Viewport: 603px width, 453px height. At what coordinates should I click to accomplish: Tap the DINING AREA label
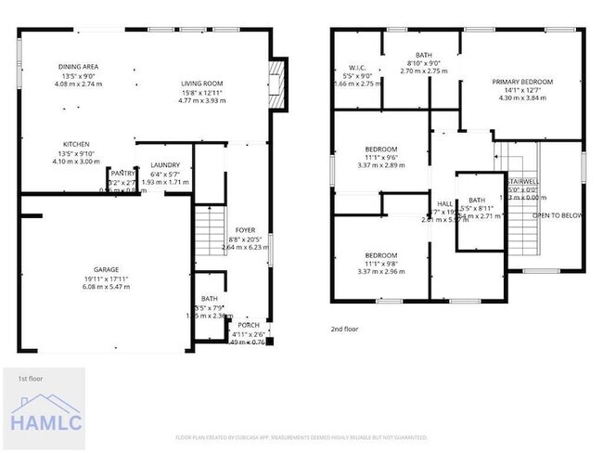79,67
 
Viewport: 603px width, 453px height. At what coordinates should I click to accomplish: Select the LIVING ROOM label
201,84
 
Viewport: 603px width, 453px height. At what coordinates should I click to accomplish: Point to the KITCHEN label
76,144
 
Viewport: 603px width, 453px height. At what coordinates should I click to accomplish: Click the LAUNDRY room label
165,165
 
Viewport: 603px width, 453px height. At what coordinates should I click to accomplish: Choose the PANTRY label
122,173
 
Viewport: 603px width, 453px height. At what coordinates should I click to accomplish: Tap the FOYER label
245,230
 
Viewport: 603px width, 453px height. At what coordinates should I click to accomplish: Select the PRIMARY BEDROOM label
522,82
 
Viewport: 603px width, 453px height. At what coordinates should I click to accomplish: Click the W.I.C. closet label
358,68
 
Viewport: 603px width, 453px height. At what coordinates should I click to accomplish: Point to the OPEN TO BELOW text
557,215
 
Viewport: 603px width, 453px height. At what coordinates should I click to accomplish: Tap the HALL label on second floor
445,203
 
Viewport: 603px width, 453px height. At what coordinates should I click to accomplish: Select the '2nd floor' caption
344,329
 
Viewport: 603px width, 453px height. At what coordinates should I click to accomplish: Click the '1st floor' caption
31,379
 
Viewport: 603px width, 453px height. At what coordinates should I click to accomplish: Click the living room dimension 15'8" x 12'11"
201,93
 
